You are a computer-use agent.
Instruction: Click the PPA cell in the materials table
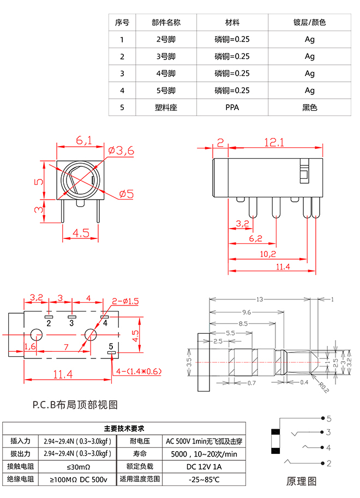[232, 107]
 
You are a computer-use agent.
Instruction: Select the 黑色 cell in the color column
[309, 107]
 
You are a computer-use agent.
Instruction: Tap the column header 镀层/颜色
[309, 23]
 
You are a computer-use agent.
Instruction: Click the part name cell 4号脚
[166, 74]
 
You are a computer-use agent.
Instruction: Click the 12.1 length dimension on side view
[274, 142]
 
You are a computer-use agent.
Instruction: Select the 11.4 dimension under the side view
[283, 267]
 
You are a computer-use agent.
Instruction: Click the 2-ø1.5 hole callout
[125, 301]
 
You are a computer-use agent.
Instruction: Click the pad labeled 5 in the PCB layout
[112, 353]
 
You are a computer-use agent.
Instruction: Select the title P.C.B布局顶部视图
[75, 405]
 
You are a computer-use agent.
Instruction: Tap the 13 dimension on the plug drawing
[260, 299]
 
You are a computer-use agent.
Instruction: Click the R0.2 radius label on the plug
[322, 386]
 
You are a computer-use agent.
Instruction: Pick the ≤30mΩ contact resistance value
[79, 466]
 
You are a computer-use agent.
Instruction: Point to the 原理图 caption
[301, 481]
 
